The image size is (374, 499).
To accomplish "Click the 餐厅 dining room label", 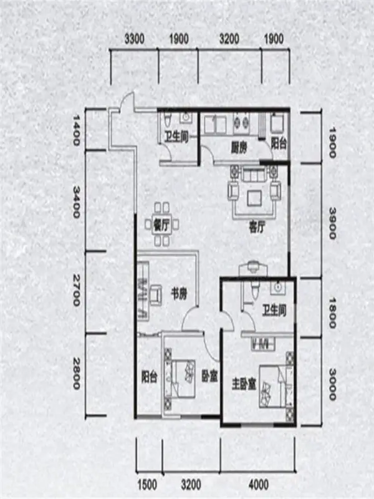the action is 161,225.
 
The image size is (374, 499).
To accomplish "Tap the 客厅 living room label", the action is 257,227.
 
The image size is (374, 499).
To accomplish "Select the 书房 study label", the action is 179,294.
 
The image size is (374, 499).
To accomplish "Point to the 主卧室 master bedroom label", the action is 244,384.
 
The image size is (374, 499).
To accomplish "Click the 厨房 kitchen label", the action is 239,148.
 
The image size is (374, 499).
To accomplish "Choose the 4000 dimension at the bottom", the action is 259,485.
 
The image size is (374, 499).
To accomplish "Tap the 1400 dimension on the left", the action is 76,130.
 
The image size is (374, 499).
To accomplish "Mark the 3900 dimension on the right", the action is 332,223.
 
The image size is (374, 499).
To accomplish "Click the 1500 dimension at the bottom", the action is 147,485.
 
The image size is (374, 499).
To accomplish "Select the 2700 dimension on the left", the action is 76,290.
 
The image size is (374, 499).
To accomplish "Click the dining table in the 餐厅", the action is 161,225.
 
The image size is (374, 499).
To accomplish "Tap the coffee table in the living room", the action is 255,198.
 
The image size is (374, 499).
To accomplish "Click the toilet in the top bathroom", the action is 168,120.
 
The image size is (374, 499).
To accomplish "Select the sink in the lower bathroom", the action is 278,288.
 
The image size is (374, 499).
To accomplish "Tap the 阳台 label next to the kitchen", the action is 279,143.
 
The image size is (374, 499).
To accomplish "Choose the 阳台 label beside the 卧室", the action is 149,377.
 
